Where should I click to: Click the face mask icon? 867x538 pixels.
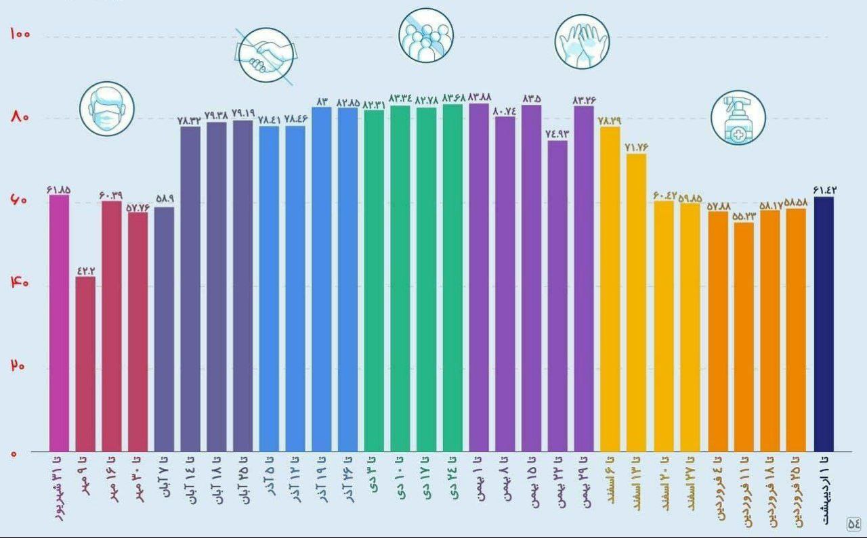[106, 109]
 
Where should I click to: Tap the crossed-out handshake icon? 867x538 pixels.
[266, 55]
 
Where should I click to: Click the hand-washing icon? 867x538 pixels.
[582, 42]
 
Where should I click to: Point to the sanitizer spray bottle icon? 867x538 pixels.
[738, 118]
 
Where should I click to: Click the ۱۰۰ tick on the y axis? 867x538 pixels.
[20, 34]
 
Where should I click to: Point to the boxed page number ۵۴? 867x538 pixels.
[853, 522]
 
